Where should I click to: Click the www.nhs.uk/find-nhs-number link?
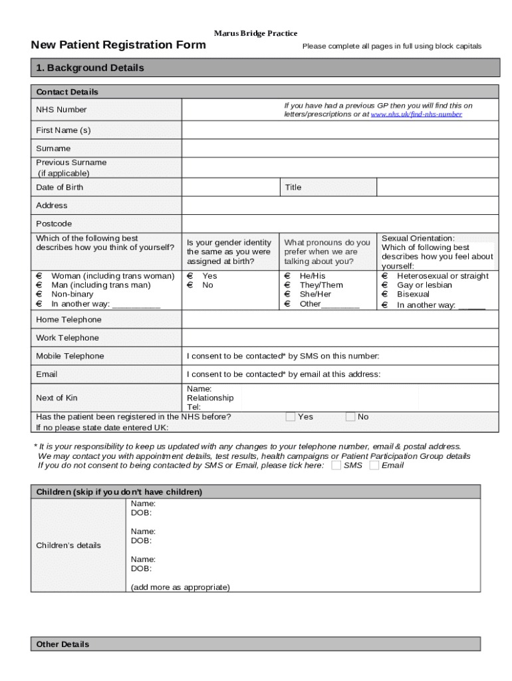point(416,114)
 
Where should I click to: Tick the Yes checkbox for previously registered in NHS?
point(291,417)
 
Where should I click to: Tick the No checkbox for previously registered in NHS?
point(350,417)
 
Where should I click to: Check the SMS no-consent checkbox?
point(336,466)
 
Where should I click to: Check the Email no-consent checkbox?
point(374,466)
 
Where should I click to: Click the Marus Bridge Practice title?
point(255,33)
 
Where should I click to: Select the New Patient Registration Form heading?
point(118,45)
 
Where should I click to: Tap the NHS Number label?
point(61,110)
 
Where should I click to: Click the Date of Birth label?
point(60,188)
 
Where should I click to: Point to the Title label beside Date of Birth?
point(293,188)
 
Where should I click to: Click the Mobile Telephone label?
point(70,356)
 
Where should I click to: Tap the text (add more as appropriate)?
point(180,587)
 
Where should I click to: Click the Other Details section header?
point(63,644)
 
